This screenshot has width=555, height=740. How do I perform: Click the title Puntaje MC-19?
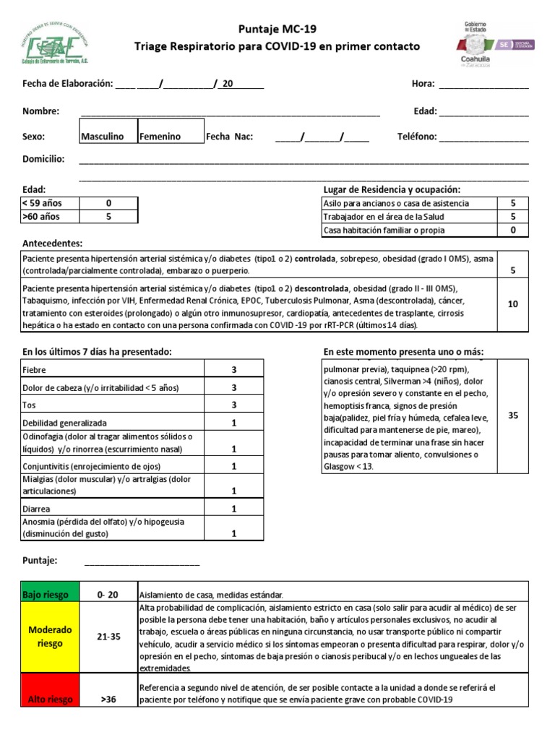[277, 29]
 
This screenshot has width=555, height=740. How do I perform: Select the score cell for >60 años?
[108, 216]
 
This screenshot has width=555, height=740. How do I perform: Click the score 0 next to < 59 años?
[108, 203]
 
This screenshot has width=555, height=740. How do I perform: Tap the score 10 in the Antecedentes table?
[512, 304]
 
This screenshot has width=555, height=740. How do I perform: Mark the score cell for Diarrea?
[234, 509]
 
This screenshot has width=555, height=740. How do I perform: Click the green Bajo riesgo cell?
[46, 595]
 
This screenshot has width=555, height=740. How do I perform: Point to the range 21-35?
[108, 637]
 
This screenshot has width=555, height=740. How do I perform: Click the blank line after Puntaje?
[142, 562]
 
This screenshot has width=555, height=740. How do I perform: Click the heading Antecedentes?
[53, 244]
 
